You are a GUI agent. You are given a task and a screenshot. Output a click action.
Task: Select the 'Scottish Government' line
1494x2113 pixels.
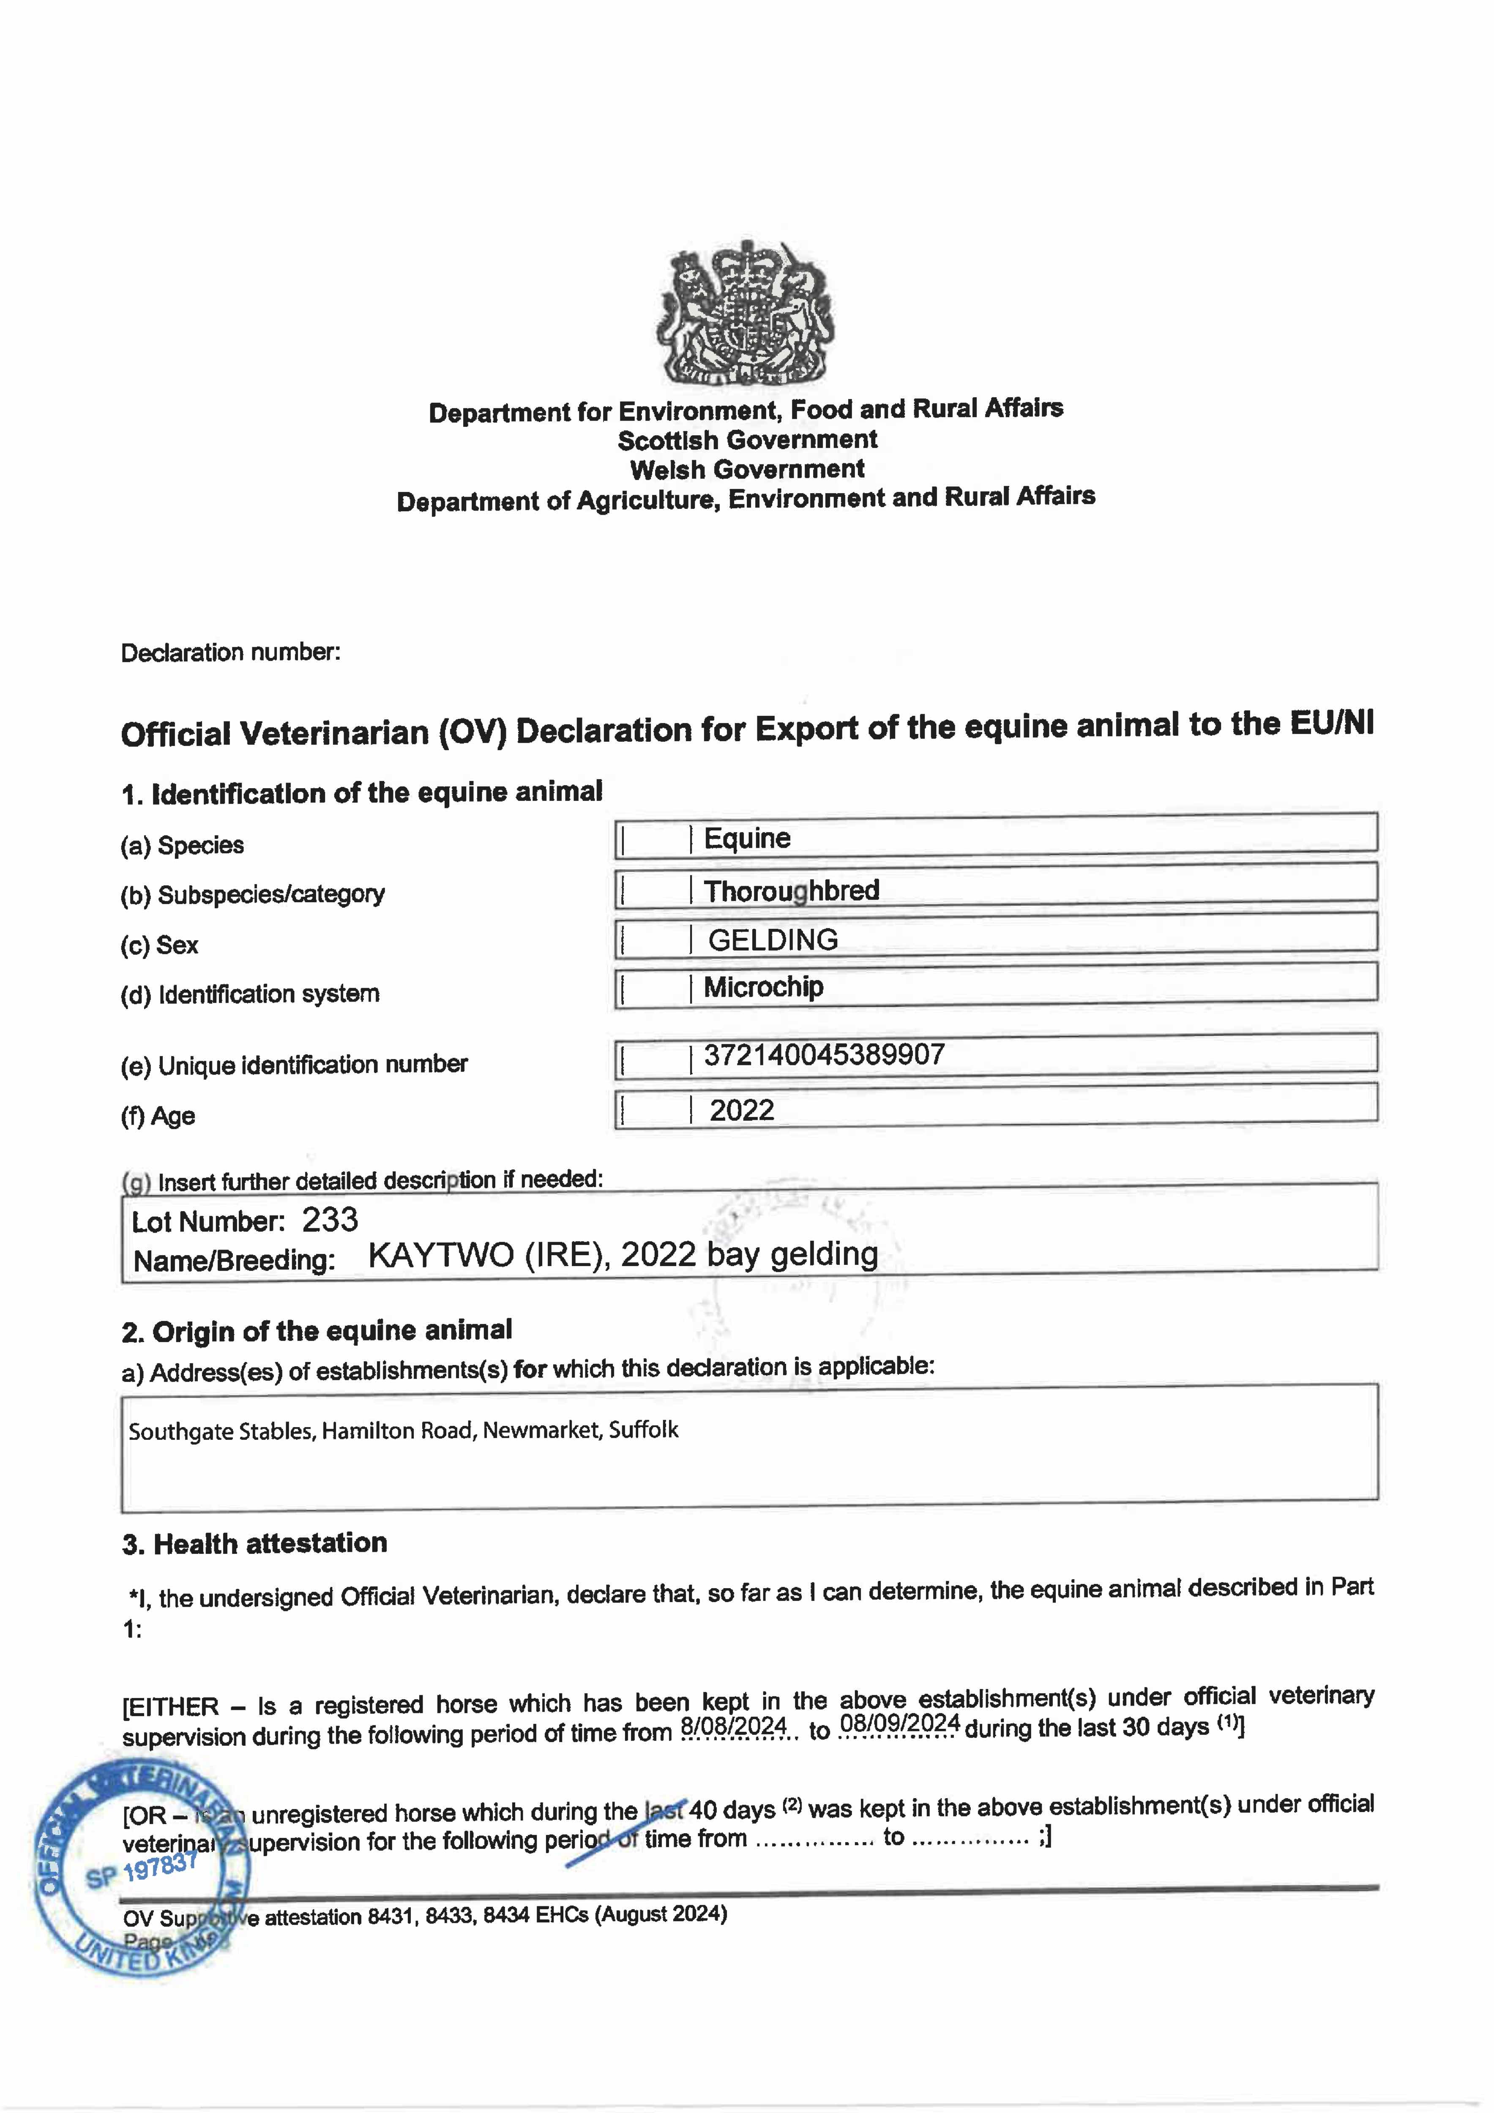click(x=746, y=440)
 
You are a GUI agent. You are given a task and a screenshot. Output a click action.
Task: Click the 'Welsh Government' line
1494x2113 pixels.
click(x=746, y=470)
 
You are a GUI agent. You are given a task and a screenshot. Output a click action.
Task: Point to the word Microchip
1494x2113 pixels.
click(x=763, y=986)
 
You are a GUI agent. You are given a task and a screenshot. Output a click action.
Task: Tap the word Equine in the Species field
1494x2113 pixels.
click(x=746, y=838)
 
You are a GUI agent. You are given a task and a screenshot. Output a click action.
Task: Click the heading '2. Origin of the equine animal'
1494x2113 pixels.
click(x=317, y=1331)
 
